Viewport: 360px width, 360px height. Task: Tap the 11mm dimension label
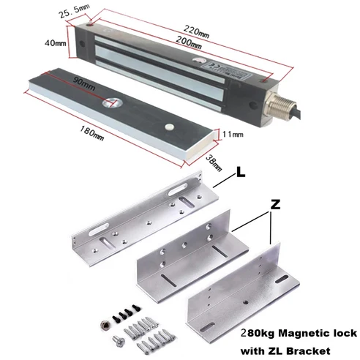click(232, 133)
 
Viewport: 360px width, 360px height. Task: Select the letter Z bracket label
click(274, 207)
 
